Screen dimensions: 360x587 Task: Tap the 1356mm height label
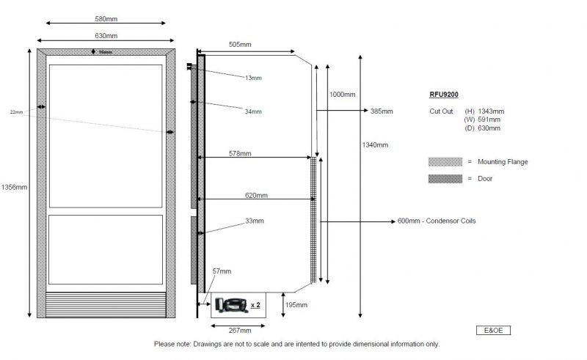[14, 188]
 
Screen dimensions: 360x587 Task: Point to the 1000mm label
[343, 95]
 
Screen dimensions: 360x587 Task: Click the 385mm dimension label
[382, 111]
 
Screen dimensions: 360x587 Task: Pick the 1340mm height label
[375, 144]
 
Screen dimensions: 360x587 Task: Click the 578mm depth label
[240, 154]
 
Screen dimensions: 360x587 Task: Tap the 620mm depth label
[256, 196]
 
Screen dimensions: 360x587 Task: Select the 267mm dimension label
[236, 330]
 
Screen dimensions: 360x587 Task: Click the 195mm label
[296, 305]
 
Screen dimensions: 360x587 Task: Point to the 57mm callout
[221, 271]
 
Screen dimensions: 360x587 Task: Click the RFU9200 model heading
[445, 95]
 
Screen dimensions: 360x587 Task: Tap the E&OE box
[493, 331]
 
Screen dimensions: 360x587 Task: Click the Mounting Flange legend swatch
[442, 161]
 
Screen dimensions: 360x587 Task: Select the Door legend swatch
[442, 178]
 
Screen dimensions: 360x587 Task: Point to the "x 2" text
[255, 304]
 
